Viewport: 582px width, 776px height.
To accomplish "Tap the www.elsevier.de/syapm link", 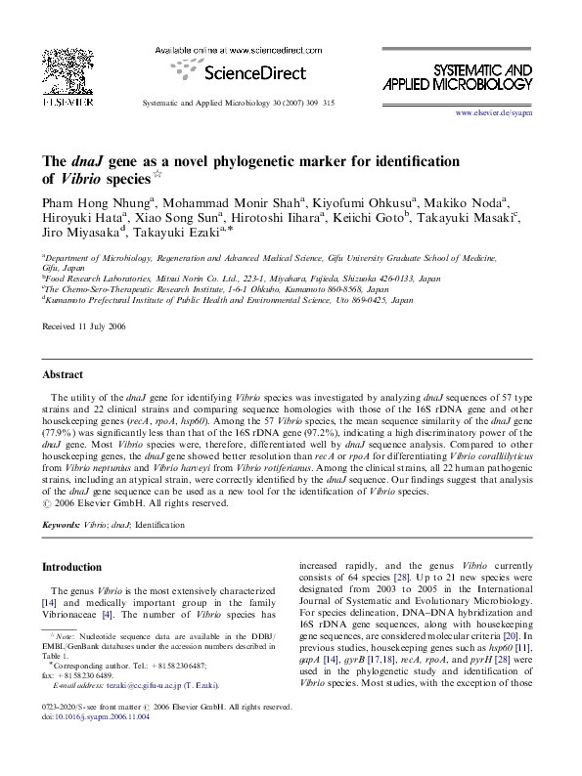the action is point(493,114).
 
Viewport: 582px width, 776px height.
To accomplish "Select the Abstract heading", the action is point(62,374).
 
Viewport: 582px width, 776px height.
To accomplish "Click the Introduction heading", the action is point(72,567).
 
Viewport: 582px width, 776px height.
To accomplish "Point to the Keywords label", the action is point(62,525).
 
